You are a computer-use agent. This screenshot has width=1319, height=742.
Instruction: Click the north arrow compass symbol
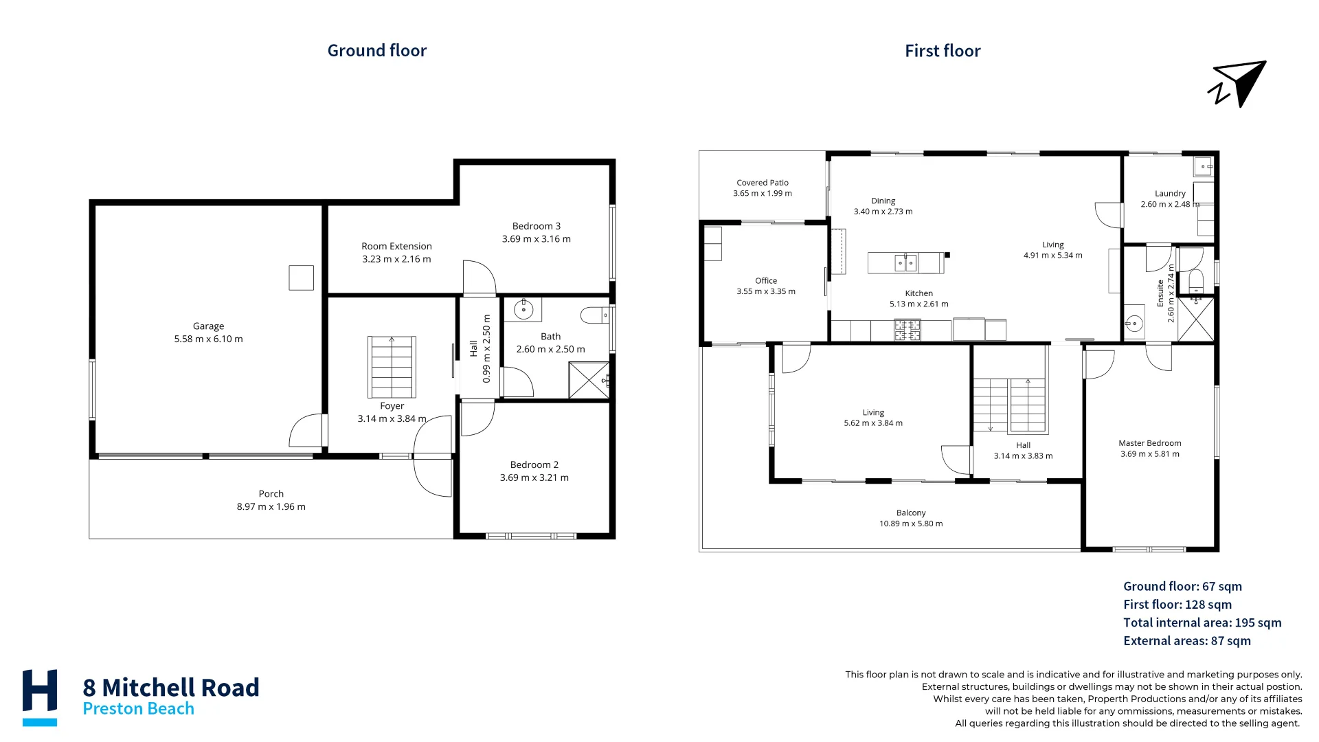[x=1238, y=85]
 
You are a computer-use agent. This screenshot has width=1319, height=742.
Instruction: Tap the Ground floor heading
[x=377, y=51]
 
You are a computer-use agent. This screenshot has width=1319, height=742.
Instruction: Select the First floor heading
[x=943, y=51]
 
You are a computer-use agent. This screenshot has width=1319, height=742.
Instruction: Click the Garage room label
[x=208, y=326]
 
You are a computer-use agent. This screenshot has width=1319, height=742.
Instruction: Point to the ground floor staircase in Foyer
[x=392, y=367]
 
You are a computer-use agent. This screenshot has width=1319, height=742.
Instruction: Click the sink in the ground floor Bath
[x=523, y=309]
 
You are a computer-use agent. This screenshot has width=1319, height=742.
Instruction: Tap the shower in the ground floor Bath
[x=589, y=380]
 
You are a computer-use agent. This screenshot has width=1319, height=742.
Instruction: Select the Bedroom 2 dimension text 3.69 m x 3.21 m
[x=534, y=477]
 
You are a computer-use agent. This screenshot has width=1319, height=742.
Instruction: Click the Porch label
[x=271, y=494]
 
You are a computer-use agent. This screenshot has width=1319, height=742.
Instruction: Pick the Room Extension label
[x=397, y=246]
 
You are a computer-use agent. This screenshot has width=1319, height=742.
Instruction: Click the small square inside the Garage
[x=301, y=278]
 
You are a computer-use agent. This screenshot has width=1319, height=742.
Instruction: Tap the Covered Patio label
[x=763, y=183]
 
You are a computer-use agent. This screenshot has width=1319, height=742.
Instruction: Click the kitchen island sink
[x=905, y=262]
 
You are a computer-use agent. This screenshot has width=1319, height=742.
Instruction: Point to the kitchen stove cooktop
[x=907, y=330]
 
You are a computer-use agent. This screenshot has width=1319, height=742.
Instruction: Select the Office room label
[x=766, y=281]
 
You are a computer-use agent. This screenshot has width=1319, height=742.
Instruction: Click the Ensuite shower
[x=1196, y=319]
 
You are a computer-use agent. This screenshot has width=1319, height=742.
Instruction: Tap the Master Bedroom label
[x=1150, y=443]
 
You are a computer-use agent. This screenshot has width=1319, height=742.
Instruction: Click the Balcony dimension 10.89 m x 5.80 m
[x=911, y=524]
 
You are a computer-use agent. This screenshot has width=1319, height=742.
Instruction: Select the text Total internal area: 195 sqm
[x=1202, y=622]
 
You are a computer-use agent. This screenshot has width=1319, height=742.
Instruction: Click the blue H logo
[x=40, y=697]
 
